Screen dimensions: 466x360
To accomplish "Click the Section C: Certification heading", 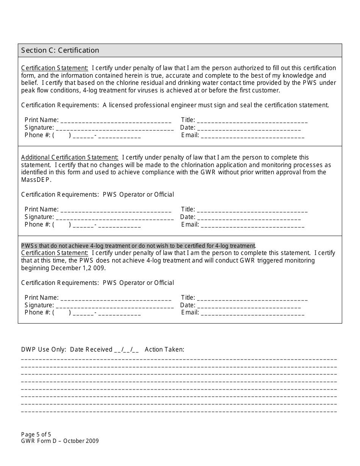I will [x=60, y=50].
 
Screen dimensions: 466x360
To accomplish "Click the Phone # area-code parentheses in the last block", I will [x=61, y=313].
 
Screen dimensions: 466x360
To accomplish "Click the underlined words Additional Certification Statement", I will [x=70, y=157].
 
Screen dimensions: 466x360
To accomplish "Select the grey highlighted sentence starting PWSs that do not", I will [x=138, y=246].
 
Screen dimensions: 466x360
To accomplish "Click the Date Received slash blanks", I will [x=126, y=350].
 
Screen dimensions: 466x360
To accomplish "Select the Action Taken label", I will [x=164, y=349].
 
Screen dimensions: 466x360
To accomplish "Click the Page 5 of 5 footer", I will [x=36, y=435].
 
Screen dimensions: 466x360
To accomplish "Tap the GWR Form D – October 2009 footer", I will [x=60, y=441].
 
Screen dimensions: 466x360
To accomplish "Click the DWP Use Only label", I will [x=44, y=349].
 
